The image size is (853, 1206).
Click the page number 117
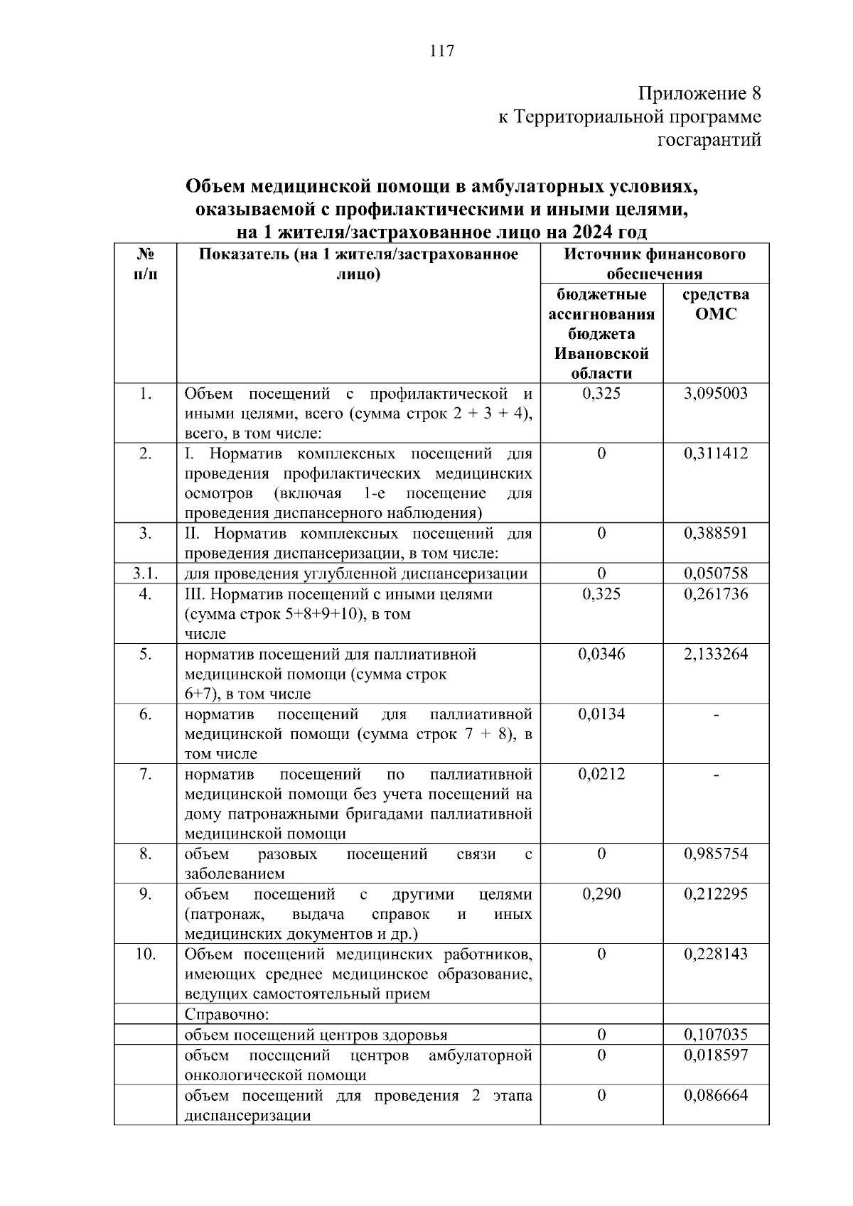pos(441,50)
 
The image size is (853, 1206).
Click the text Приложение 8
pos(699,94)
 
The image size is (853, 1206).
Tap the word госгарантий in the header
pos(709,141)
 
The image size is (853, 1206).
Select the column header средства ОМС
pos(716,304)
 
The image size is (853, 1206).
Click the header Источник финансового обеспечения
pos(655,264)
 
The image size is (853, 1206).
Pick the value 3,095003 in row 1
pos(716,394)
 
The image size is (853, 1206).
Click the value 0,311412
pos(716,453)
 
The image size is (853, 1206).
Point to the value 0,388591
pos(716,533)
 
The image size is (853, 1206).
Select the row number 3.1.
pos(145,574)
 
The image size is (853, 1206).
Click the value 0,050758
pos(716,574)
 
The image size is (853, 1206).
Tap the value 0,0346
pos(601,654)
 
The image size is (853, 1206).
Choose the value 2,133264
pos(716,654)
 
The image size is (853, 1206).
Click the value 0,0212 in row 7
pos(601,774)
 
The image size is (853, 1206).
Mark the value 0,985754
pos(716,854)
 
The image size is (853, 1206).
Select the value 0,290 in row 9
pos(601,894)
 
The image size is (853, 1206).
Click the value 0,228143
pos(716,954)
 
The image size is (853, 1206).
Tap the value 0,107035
pos(716,1035)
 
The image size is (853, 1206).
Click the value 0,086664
pos(716,1095)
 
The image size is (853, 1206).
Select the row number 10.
pos(145,954)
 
